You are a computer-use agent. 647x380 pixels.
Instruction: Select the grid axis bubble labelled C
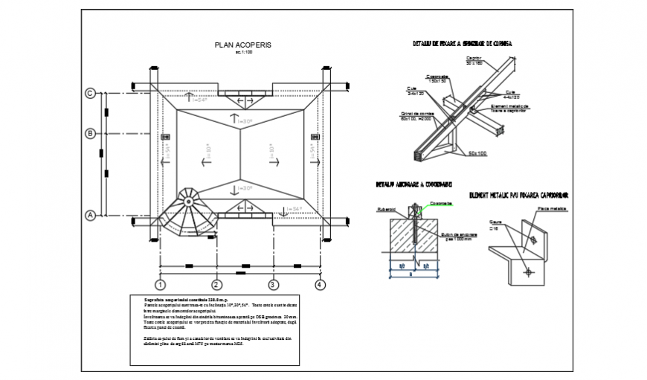point(90,94)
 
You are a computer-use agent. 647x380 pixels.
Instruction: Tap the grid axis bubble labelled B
point(90,134)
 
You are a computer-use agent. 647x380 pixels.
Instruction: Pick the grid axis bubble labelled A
point(90,216)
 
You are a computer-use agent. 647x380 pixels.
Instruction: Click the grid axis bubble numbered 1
point(159,284)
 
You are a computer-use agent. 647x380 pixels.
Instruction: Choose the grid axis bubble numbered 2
point(216,284)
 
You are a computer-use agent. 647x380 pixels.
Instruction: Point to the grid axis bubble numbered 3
point(273,284)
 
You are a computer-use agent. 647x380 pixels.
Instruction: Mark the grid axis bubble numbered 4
point(320,284)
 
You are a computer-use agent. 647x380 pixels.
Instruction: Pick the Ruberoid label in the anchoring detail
point(387,209)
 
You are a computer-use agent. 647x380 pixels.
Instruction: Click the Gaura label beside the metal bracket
point(494,222)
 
